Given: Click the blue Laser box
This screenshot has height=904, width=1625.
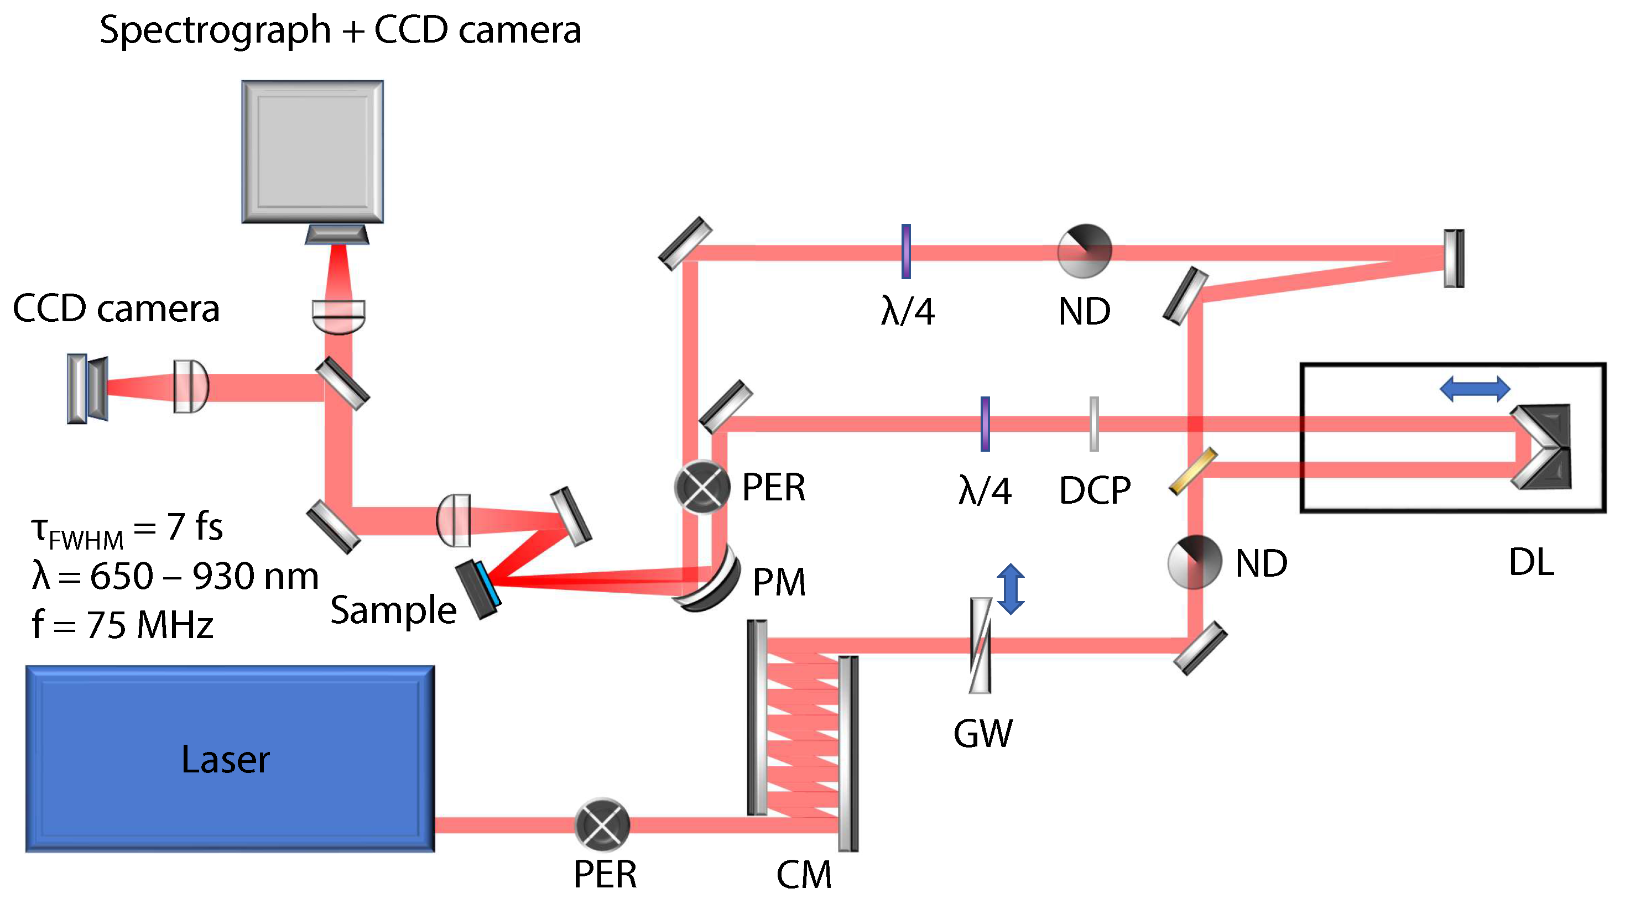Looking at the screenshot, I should click(230, 759).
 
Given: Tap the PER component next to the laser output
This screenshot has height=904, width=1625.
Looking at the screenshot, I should click(602, 824).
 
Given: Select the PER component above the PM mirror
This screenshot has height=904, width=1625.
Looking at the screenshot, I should click(701, 487).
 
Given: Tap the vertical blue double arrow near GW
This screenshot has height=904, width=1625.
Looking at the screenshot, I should click(1011, 589).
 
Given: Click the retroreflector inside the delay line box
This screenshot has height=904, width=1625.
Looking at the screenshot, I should click(1543, 446).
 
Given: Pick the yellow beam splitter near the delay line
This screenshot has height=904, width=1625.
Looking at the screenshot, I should click(1193, 471).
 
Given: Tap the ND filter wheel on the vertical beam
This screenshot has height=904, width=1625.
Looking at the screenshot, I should click(1194, 562).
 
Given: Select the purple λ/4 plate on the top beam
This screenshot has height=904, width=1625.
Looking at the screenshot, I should click(906, 251).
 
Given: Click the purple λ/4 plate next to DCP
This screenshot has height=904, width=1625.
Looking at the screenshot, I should click(985, 424).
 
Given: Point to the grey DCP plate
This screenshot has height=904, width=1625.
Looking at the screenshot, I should click(1094, 424).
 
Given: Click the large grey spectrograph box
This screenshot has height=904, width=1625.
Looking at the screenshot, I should click(312, 151).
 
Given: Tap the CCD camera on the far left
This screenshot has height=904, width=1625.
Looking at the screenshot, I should click(87, 388).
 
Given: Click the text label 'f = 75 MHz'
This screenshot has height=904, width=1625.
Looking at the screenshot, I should click(122, 625).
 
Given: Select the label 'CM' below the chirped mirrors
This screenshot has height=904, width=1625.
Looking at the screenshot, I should click(803, 874).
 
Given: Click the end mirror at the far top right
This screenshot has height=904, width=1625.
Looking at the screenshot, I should click(1454, 258).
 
